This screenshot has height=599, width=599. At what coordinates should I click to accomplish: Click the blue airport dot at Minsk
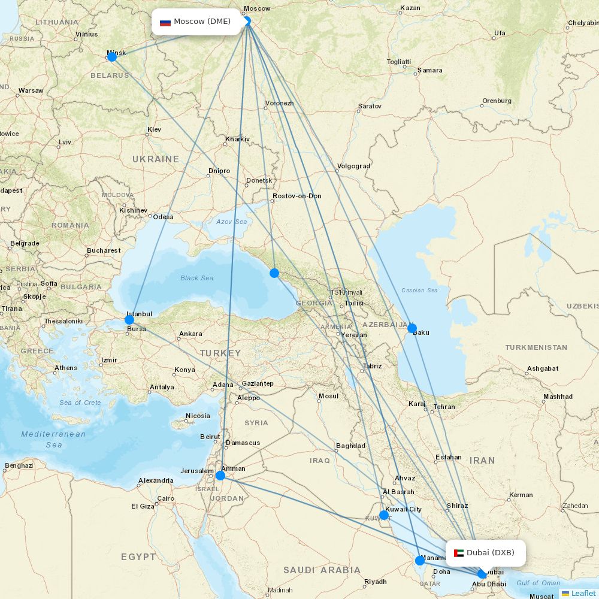click(x=112, y=56)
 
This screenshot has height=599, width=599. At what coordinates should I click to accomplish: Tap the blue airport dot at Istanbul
click(x=129, y=320)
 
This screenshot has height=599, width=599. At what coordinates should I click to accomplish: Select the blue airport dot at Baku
click(x=412, y=328)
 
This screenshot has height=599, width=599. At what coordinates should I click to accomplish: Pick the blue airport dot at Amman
click(x=220, y=476)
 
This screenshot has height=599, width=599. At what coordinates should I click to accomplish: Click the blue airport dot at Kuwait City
click(x=384, y=515)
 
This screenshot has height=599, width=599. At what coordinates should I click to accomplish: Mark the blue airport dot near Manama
click(x=420, y=561)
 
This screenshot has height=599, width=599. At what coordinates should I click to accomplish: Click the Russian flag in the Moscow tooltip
click(x=165, y=22)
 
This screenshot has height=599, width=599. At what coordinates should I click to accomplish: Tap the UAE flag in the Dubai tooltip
click(x=459, y=553)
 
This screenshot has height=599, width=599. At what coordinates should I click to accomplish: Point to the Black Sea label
click(x=197, y=278)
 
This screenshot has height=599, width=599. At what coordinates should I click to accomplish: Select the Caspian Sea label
click(x=419, y=291)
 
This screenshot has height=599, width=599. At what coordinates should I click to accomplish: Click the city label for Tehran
click(x=444, y=407)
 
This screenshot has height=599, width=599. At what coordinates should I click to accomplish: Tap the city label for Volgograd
click(x=353, y=166)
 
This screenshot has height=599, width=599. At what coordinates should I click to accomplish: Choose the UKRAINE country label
click(x=156, y=159)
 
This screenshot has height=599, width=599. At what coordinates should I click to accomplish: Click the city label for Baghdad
click(x=350, y=446)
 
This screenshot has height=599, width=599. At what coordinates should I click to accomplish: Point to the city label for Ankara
click(x=190, y=334)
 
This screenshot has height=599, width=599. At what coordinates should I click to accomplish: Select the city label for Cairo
click(x=165, y=498)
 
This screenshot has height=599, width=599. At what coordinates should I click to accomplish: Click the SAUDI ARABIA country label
click(x=322, y=570)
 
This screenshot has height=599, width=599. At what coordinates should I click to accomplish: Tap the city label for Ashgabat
click(x=543, y=368)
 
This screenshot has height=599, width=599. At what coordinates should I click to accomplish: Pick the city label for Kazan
click(x=410, y=8)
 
